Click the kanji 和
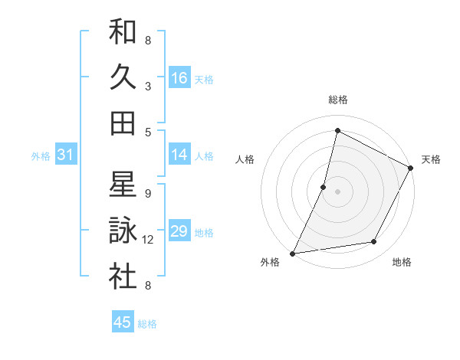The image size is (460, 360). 123,34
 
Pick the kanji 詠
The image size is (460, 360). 123,231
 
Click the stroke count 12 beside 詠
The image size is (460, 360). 149,240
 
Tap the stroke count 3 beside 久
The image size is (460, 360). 148,86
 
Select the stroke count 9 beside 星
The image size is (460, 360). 148,193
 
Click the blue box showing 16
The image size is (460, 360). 179,77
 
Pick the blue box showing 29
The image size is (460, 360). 179,231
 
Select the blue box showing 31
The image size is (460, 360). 66,155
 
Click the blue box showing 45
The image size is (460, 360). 123,322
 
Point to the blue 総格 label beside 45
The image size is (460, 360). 147,324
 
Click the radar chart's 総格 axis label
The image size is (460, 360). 338,100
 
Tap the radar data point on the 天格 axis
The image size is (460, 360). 411,169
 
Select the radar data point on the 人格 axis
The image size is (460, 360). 324,187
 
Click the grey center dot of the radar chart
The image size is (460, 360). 338,191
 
